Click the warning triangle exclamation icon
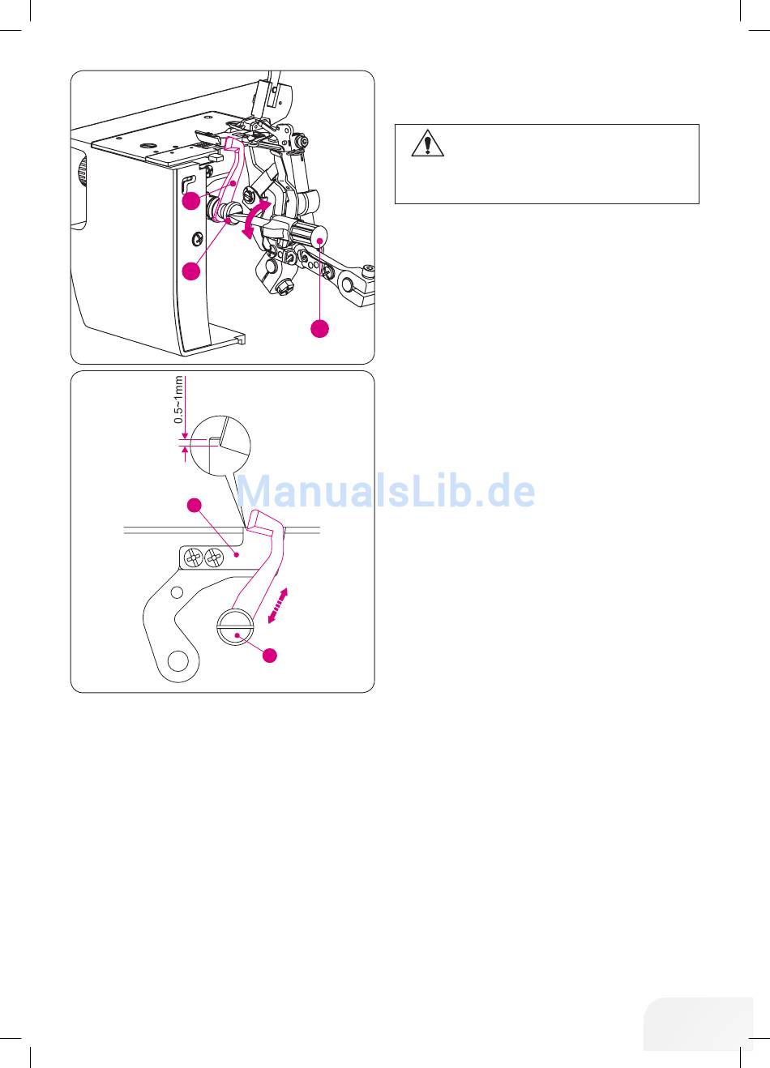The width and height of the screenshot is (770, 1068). point(428,143)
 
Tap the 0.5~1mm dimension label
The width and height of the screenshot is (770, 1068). point(179,399)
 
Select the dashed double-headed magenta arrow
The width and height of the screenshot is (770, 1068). point(277,605)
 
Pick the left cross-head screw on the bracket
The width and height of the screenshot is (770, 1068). point(194,557)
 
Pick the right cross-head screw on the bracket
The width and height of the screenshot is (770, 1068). point(214,557)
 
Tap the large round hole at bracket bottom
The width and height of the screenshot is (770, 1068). point(178,661)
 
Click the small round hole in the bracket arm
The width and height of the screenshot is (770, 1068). point(177,592)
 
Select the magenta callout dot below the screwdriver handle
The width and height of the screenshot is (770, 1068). point(320,328)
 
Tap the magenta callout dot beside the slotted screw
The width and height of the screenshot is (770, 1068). point(271,656)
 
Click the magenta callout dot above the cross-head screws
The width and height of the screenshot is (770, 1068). point(195,506)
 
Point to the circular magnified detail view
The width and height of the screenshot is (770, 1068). point(220,446)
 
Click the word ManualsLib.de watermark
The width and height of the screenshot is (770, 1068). point(386,491)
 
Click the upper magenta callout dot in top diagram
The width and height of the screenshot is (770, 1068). point(191,200)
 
